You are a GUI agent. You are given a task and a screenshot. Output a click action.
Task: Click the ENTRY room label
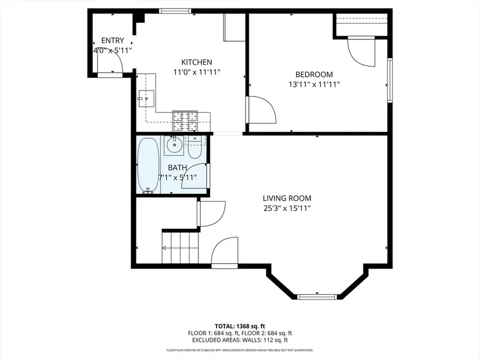113,41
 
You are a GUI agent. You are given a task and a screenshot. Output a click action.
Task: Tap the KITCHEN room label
196,62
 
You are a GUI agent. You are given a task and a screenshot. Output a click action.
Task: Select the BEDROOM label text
314,74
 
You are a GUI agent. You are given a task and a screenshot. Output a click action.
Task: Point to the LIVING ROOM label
287,198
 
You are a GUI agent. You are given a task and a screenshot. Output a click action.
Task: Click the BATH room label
178,168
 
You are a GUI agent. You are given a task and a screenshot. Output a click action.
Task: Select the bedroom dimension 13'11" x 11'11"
314,84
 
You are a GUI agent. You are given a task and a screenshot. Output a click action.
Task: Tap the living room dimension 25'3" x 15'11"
287,209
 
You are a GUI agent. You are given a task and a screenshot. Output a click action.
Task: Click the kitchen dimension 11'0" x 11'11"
196,72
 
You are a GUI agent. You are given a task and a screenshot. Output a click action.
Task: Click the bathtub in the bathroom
148,165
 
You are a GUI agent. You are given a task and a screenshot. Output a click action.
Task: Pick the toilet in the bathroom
194,148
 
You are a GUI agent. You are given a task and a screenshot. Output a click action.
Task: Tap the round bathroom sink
174,145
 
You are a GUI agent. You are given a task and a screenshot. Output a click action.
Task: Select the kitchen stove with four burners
185,121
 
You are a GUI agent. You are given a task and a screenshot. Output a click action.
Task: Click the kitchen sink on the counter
146,99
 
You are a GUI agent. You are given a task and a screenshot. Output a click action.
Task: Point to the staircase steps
180,247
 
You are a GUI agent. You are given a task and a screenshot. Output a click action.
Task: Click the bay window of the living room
317,297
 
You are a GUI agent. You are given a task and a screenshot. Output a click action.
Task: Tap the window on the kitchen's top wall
175,11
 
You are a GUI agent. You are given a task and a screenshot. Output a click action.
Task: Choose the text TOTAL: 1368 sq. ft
239,326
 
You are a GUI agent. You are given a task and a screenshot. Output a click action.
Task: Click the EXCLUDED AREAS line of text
239,340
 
